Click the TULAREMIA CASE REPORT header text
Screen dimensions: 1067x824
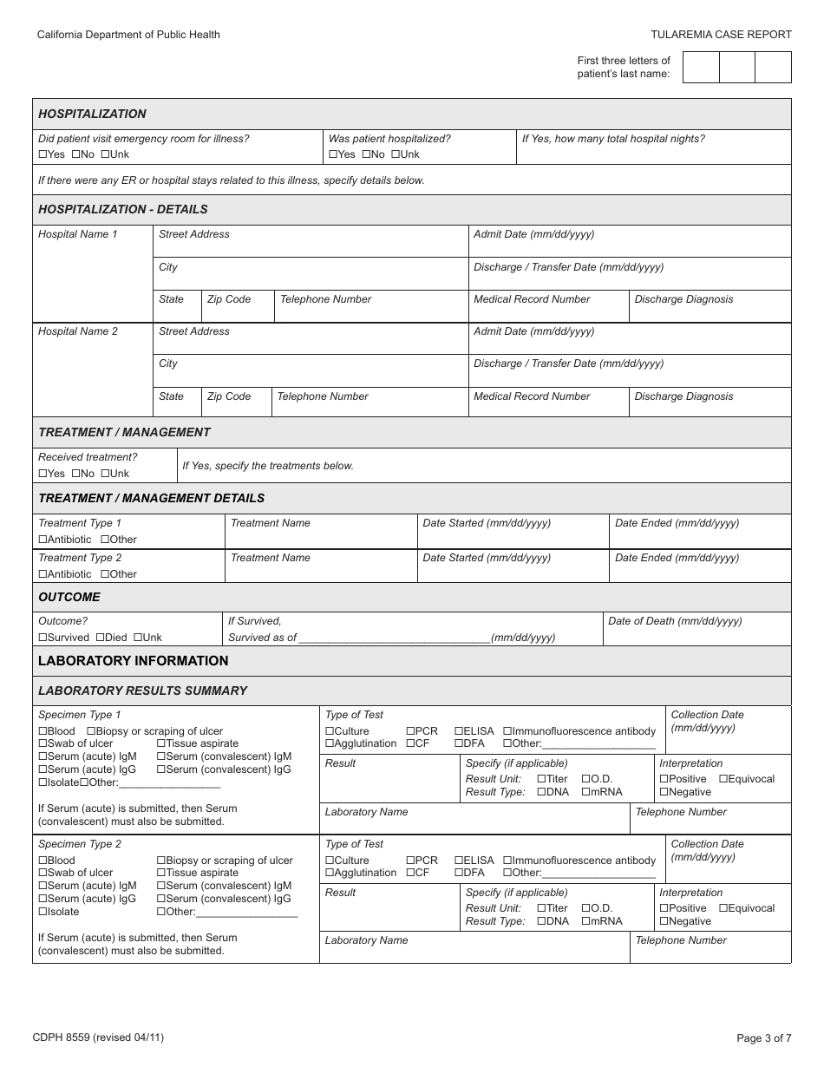(721, 35)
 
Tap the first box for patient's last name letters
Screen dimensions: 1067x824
(701, 68)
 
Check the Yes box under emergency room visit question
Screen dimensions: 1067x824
(43, 154)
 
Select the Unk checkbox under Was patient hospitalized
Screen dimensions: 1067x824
(396, 154)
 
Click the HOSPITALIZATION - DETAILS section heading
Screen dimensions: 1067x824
(123, 209)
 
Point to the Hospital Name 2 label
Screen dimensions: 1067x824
(78, 331)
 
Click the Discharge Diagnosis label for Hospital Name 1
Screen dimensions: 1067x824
(683, 299)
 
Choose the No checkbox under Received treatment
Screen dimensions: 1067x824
(75, 474)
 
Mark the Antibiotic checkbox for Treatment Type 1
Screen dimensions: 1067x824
(43, 540)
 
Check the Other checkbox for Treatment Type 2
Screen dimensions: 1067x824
(105, 574)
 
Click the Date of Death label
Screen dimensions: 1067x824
(675, 621)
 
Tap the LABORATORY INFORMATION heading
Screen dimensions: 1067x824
(134, 661)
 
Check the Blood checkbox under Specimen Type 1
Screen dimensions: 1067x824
(43, 732)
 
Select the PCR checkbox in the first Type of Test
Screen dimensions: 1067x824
(409, 732)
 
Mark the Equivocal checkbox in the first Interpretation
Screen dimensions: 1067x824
(723, 779)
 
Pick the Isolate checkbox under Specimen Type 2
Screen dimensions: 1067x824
(43, 912)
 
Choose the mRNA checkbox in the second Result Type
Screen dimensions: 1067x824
(586, 921)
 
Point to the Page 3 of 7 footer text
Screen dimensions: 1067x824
(763, 1038)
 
